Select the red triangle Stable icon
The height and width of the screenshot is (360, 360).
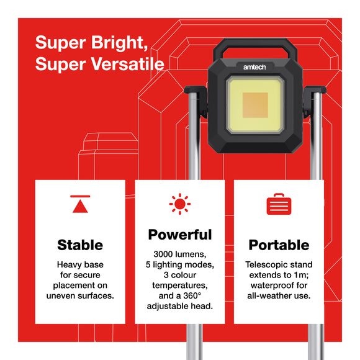(x=81, y=204)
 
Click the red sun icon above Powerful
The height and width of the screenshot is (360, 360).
(x=180, y=204)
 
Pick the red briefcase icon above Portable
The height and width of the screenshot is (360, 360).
(x=279, y=204)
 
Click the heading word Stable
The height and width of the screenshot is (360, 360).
(x=80, y=245)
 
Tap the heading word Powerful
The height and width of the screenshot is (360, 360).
(x=180, y=235)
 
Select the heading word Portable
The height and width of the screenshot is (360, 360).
(x=279, y=245)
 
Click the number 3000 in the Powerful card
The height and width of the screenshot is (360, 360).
(x=165, y=254)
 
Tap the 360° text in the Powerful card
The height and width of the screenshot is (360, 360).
(x=194, y=296)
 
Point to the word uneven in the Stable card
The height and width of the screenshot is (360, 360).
(x=63, y=295)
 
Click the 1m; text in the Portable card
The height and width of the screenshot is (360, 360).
(x=300, y=275)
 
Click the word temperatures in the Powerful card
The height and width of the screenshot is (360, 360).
(x=179, y=286)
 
